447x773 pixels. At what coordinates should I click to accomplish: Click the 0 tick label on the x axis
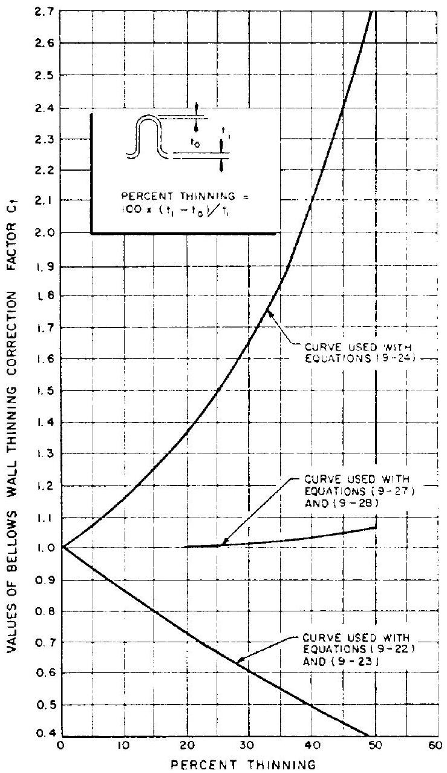click(61, 746)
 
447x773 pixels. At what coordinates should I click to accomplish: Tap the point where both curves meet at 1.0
click(62, 548)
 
